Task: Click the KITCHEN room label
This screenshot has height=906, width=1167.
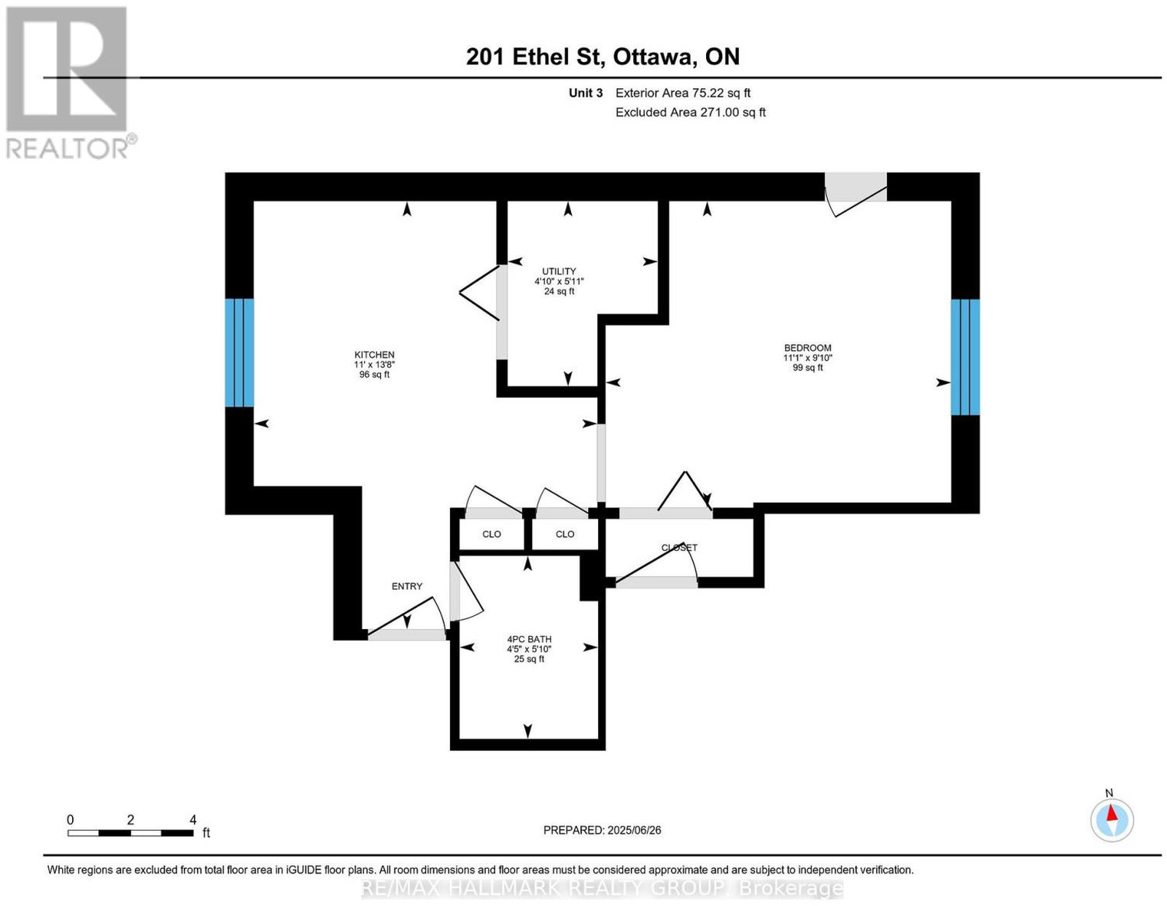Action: coord(373,354)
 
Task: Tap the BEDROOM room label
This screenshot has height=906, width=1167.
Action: coord(807,348)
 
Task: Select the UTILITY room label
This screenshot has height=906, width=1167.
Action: coord(559,271)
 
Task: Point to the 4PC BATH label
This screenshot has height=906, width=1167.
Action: coord(529,639)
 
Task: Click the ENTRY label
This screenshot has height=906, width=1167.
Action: coord(406,586)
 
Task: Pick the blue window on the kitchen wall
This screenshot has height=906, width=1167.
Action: coord(239,353)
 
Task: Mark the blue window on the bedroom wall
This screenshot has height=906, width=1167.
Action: coord(965,356)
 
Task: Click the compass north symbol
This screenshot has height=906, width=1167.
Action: coord(1111,820)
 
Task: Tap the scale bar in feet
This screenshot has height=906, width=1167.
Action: coord(131,832)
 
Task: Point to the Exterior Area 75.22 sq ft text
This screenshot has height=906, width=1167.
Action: coord(683,93)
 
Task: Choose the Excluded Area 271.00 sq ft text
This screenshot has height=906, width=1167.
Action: coord(690,112)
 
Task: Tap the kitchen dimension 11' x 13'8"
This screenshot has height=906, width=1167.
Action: coord(373,364)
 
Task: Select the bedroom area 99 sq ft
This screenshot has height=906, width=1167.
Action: coord(807,367)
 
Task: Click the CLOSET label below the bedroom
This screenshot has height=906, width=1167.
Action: coord(679,547)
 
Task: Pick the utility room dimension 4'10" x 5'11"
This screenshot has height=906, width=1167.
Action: coord(559,281)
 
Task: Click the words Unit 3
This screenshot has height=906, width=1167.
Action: coord(586,93)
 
